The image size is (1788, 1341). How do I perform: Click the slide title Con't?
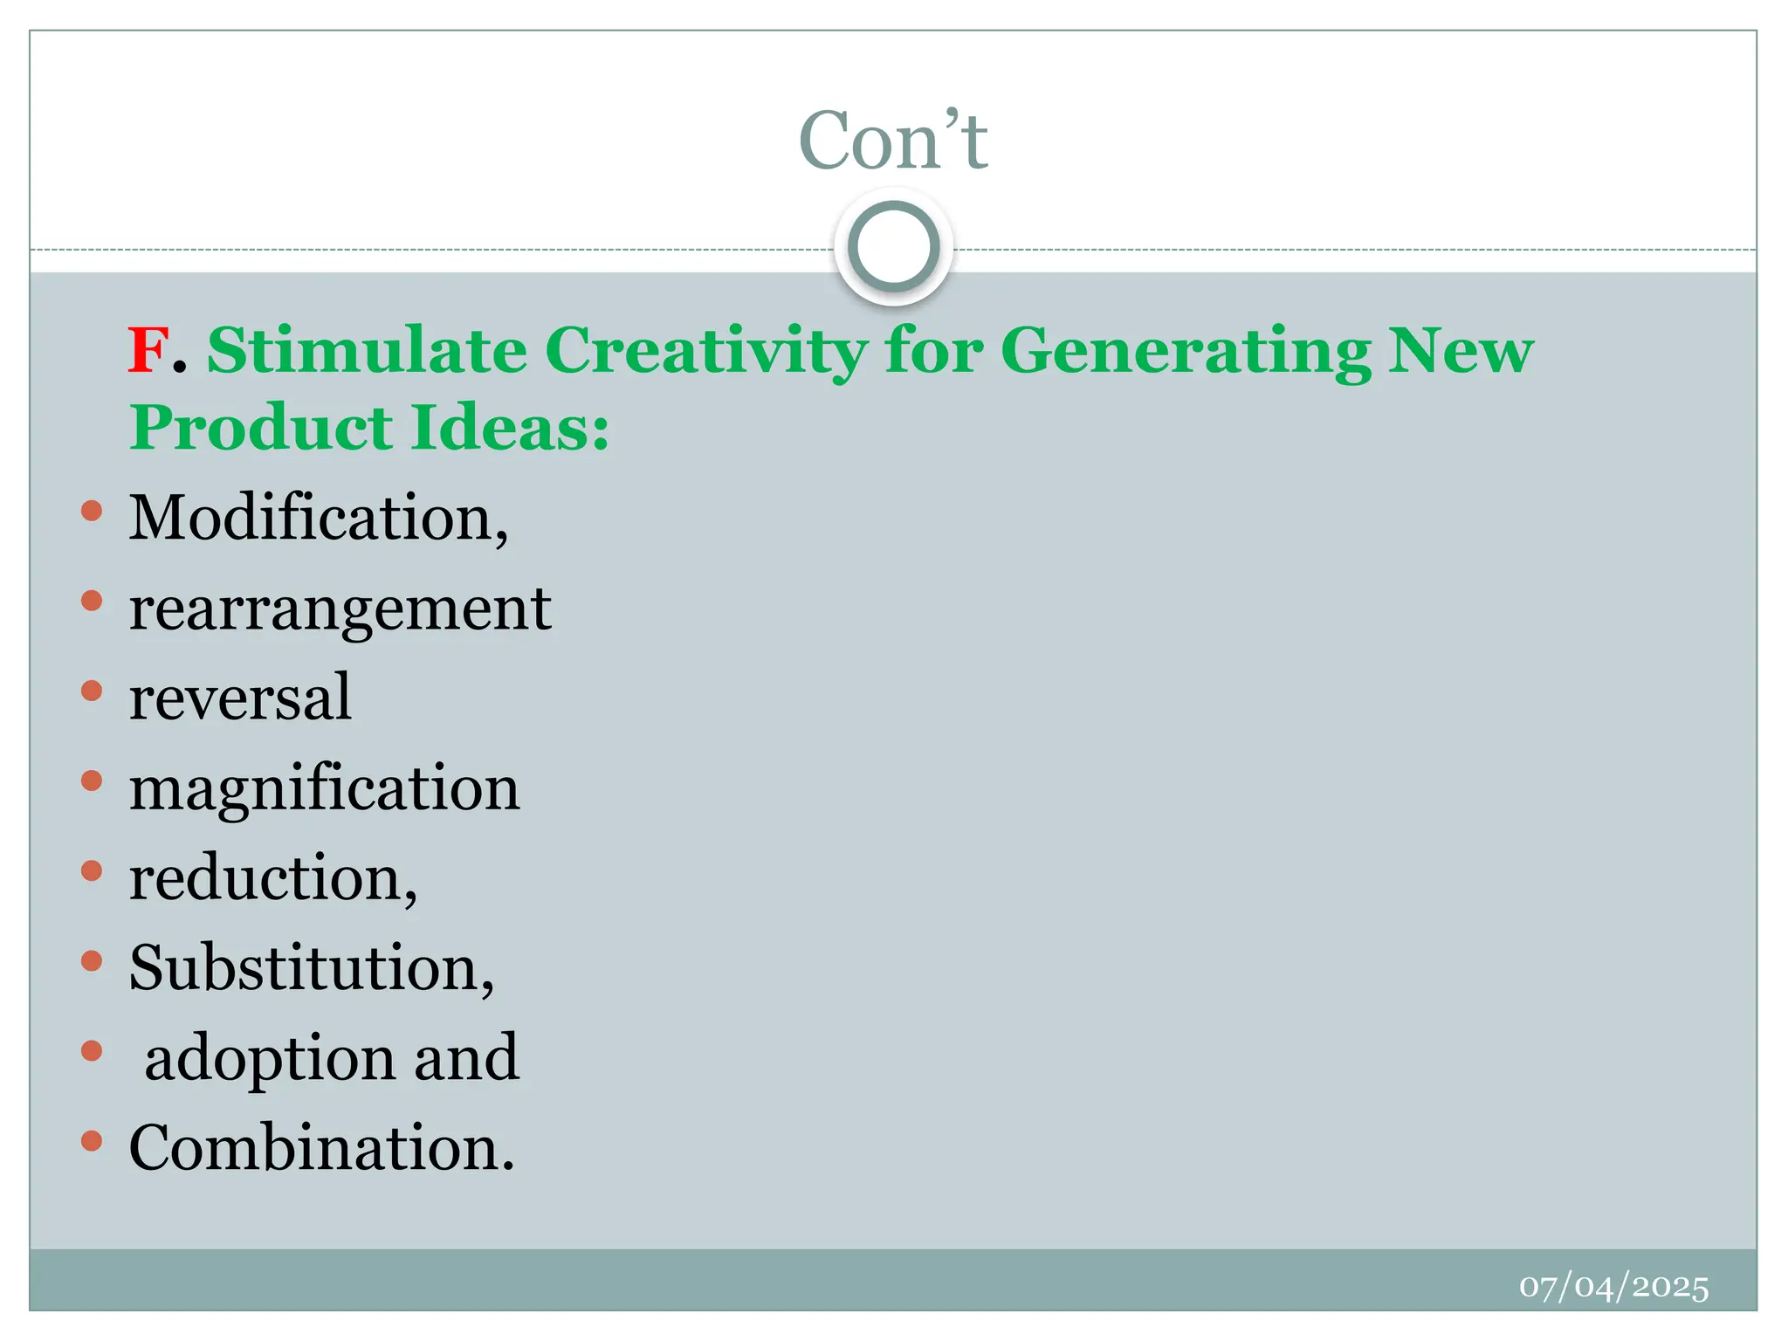click(893, 141)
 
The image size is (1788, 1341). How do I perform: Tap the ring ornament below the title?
click(893, 247)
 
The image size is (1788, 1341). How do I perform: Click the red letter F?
click(148, 351)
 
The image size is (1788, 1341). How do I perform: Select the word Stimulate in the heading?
click(367, 351)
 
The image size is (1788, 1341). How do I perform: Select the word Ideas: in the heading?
click(510, 429)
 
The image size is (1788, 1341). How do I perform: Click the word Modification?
click(318, 518)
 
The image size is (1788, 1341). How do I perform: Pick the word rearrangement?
click(340, 610)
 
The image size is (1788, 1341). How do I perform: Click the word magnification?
click(324, 789)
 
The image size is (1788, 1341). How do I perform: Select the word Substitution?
click(310, 968)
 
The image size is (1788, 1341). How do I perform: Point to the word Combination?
click(320, 1147)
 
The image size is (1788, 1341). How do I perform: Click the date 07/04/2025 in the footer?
click(1613, 1287)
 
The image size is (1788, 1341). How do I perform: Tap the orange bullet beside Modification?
click(92, 511)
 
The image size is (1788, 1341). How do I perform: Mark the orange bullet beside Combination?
click(92, 1140)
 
